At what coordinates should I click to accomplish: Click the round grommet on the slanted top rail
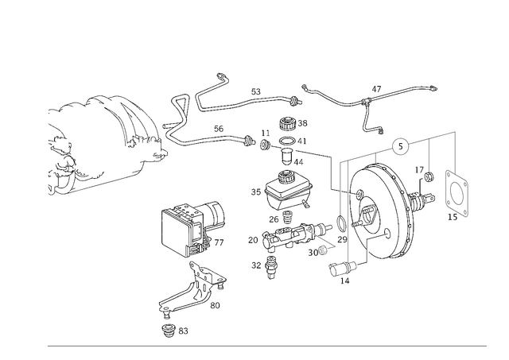[403, 145]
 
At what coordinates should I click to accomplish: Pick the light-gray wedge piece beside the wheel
[317, 248]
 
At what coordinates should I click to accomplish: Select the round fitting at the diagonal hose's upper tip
[222, 77]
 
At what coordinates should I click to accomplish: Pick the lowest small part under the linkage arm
[171, 327]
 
